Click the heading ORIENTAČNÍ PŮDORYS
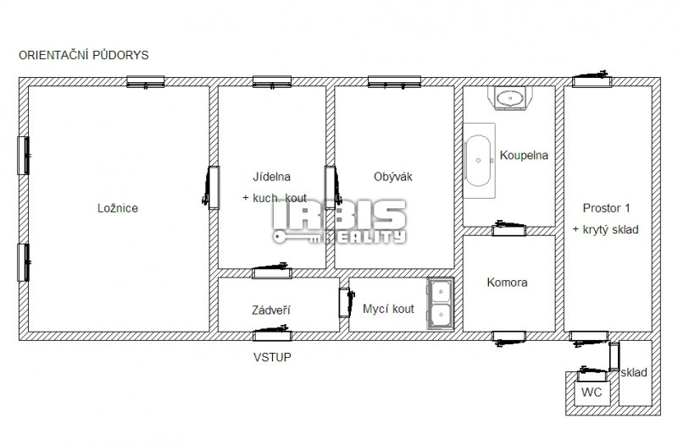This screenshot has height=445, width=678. pyautogui.click(x=83, y=55)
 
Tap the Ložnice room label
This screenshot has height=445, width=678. pyautogui.click(x=118, y=208)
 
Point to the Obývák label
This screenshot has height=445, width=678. pyautogui.click(x=393, y=177)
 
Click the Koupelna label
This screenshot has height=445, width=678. pyautogui.click(x=524, y=155)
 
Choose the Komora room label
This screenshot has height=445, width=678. pyautogui.click(x=507, y=283)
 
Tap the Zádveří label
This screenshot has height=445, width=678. pyautogui.click(x=271, y=310)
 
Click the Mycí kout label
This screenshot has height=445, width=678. pyautogui.click(x=388, y=309)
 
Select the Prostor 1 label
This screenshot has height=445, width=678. pyautogui.click(x=606, y=208)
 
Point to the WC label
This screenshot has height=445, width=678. pyautogui.click(x=592, y=393)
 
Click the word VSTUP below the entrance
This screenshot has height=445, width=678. pyautogui.click(x=272, y=357)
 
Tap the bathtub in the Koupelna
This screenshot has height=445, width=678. pyautogui.click(x=479, y=161)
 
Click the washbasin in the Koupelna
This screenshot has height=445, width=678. pyautogui.click(x=510, y=98)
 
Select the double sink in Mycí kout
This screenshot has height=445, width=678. pyautogui.click(x=441, y=304)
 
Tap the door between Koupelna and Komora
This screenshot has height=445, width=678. pyautogui.click(x=509, y=228)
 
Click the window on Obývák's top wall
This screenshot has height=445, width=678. pyautogui.click(x=394, y=82)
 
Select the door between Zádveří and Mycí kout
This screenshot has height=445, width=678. pyautogui.click(x=346, y=303)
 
